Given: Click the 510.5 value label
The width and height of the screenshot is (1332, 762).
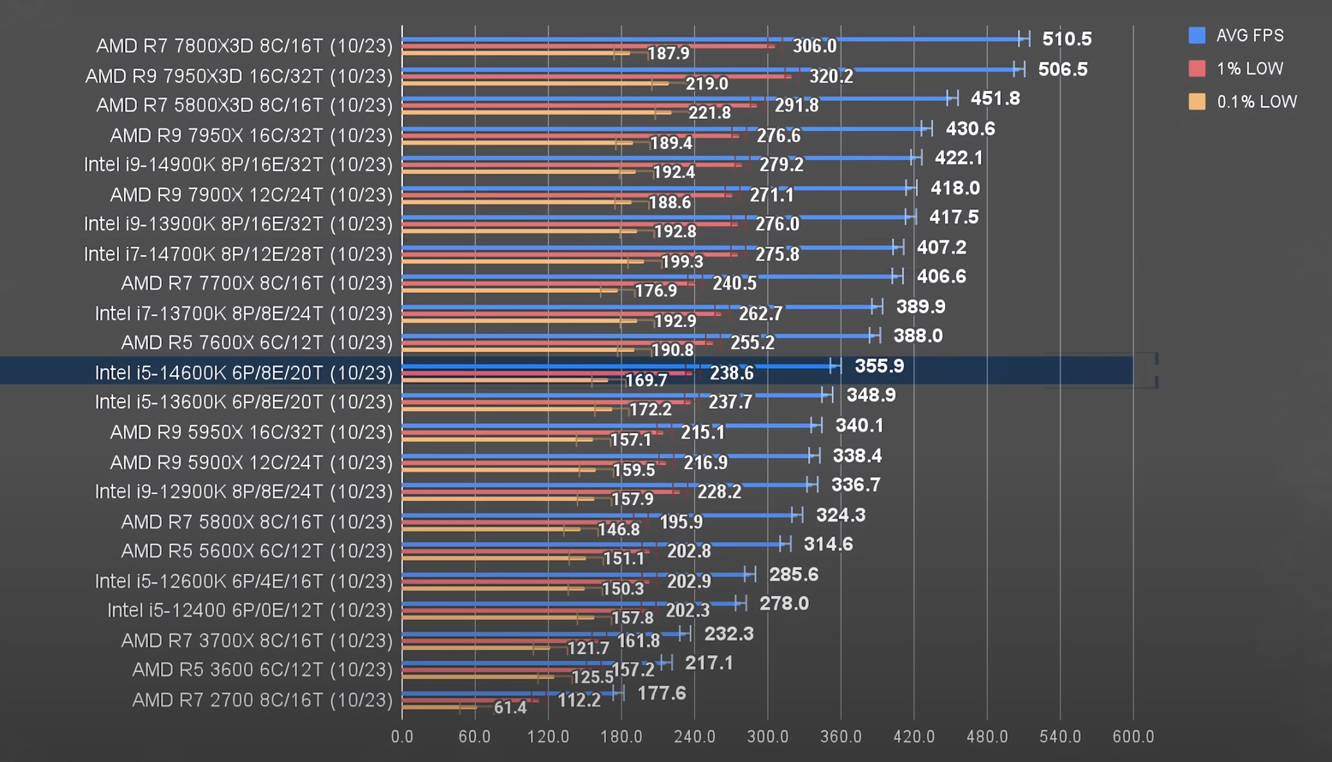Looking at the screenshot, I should coord(1067,39).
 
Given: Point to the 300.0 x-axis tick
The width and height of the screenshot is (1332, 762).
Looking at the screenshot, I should coord(768,736).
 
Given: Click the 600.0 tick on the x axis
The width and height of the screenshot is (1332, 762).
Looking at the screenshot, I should coord(1133,736).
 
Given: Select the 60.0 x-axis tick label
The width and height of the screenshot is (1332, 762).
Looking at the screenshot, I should coord(474,736).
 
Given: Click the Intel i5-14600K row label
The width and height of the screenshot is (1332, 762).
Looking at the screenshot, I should coord(243,372).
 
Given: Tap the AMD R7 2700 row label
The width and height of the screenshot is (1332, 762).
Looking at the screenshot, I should coord(262,699).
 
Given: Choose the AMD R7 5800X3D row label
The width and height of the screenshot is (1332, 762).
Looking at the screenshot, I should coord(244,105).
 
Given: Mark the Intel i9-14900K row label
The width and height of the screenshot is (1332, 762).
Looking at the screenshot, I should coord(238,164).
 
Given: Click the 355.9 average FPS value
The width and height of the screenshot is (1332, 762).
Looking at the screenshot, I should coord(879,366).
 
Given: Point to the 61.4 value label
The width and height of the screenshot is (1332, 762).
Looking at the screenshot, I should coord(510,707).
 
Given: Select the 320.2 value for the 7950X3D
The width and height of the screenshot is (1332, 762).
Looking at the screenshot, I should coord(831,76).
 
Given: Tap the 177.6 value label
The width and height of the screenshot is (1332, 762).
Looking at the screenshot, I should coord(662,693).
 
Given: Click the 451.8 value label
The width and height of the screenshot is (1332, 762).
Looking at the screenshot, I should coord(995,98).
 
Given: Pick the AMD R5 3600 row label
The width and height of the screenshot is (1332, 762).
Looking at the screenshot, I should coord(262,670).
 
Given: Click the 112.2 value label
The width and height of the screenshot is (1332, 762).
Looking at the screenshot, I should coord(580,700).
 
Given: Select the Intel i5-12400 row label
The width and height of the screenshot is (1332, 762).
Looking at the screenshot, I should coord(250,610).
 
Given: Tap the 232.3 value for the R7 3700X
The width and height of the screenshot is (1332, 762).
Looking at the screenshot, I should coord(728,634).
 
